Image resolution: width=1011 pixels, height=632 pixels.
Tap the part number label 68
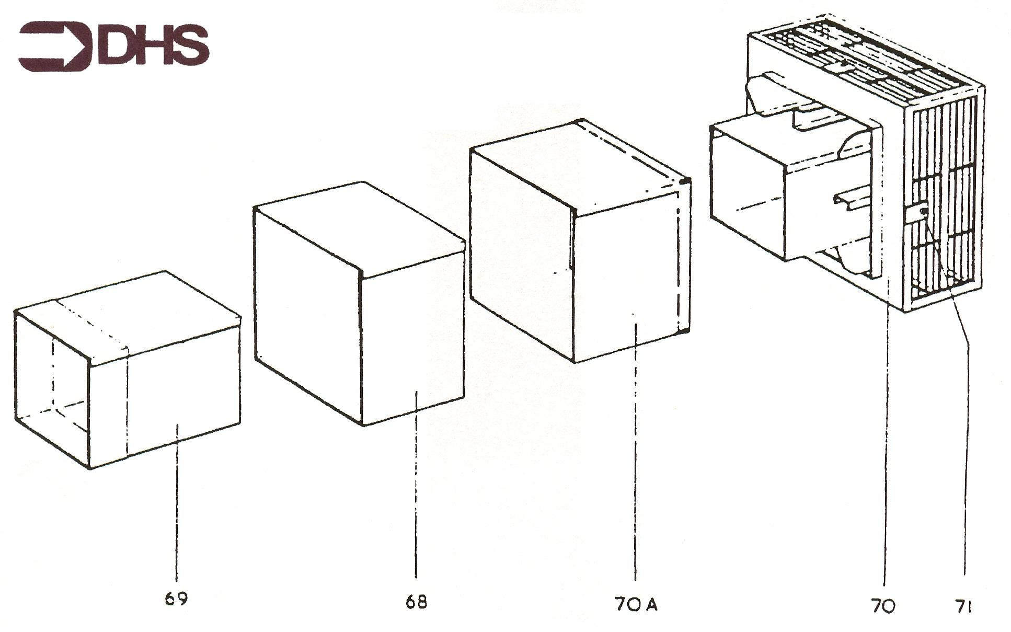[416, 602]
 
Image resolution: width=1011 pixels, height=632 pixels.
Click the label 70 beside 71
[883, 606]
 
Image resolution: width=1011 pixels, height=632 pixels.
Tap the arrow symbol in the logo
[55, 45]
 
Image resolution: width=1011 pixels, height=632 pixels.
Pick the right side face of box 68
[413, 340]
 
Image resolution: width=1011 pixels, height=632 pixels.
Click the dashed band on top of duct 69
[91, 324]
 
